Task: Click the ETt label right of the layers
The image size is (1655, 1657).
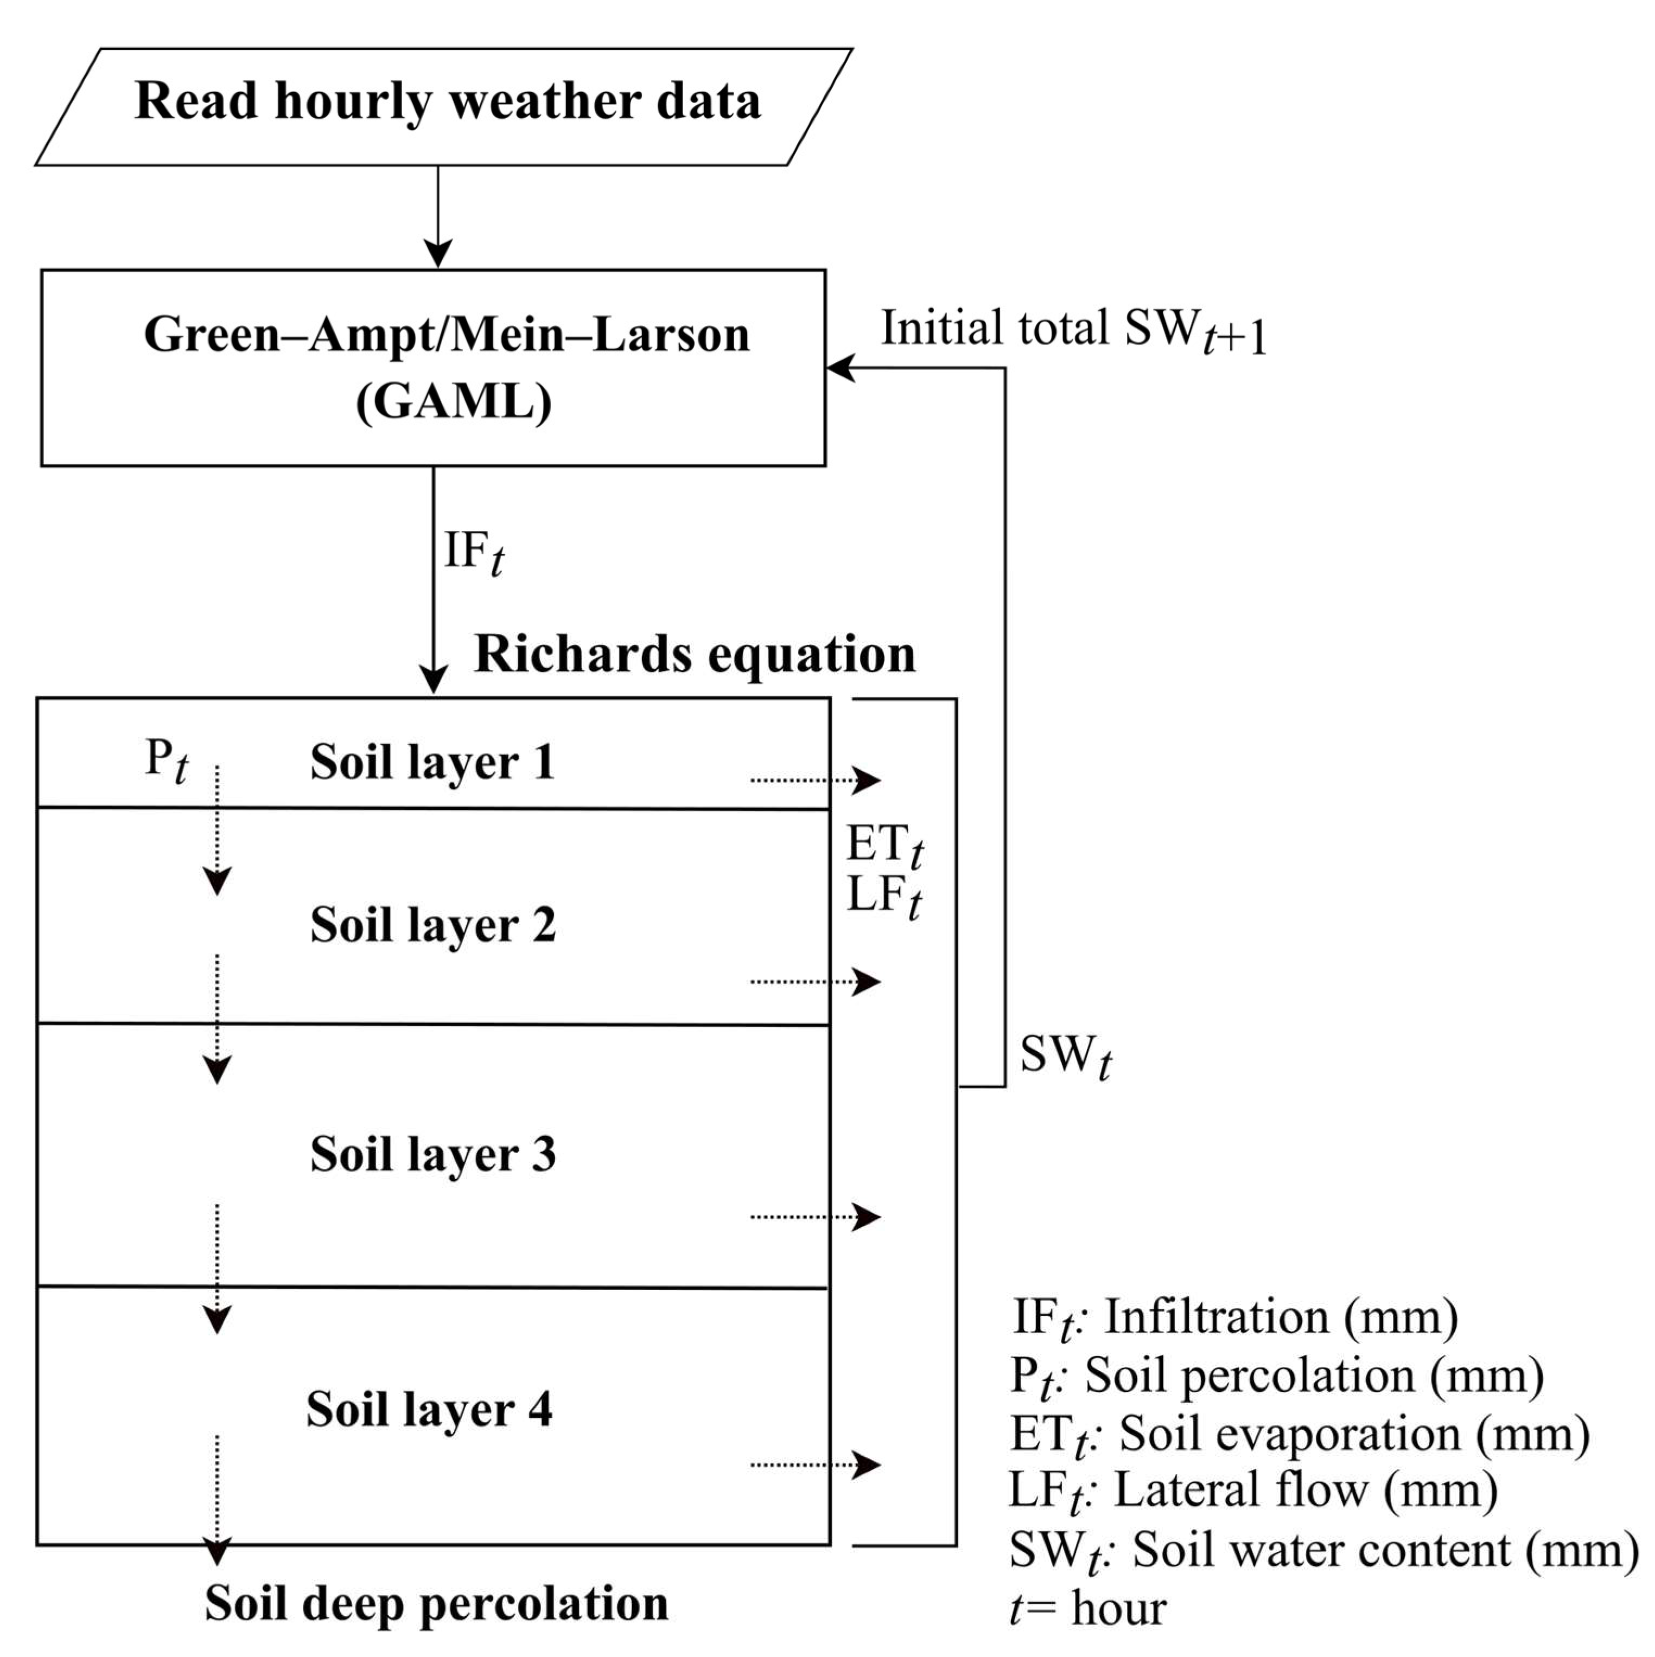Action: tap(884, 845)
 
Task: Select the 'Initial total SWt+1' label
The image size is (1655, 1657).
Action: tap(1072, 330)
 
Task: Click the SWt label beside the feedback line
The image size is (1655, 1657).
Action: tap(1065, 1055)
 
